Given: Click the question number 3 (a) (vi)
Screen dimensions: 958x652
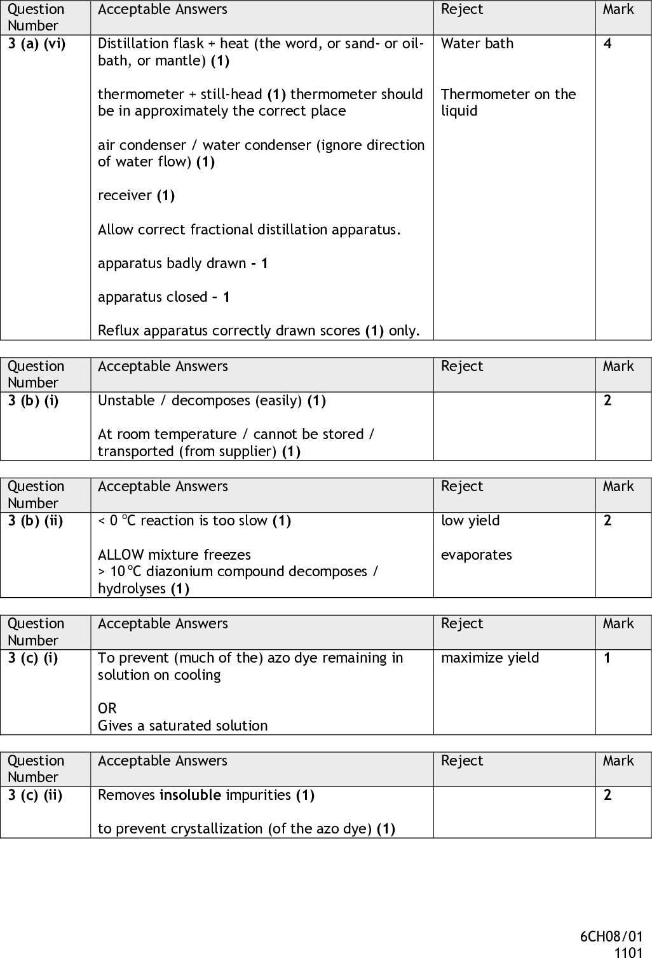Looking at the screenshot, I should click(x=37, y=44).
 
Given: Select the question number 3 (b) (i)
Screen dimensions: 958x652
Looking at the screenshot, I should click(x=33, y=401).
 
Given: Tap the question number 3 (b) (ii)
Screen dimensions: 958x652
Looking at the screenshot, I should click(x=35, y=521).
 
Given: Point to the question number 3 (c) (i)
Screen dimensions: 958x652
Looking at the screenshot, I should click(x=33, y=658).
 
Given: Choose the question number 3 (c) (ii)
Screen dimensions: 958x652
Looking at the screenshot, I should click(x=35, y=795).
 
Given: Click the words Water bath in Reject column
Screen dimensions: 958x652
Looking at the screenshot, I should click(x=477, y=44).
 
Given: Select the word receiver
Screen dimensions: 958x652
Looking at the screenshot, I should click(x=125, y=196).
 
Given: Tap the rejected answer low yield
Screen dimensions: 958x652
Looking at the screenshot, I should click(x=470, y=521).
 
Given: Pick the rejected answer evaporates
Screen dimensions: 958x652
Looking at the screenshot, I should click(x=476, y=555).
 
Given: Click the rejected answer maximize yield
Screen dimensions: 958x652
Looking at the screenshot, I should click(x=489, y=658).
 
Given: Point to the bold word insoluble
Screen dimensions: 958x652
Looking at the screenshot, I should click(x=190, y=795).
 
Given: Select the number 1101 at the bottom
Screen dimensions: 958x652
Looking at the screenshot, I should click(x=628, y=952).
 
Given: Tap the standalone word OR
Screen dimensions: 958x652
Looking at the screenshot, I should click(x=107, y=709).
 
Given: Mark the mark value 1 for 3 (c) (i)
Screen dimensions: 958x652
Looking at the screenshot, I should click(x=608, y=658).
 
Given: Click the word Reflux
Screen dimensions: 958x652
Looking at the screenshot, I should click(x=116, y=331).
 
